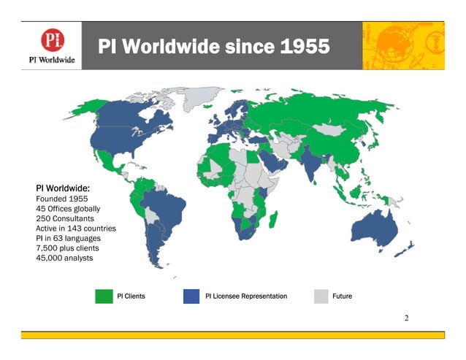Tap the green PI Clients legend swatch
104,296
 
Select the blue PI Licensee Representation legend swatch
192,296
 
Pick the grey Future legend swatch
321,296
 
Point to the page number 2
407,318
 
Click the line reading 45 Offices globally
68,208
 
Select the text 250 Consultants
64,218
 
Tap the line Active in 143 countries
76,229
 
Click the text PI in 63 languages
68,238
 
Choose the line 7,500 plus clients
67,248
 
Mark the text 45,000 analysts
64,258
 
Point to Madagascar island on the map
273,218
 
